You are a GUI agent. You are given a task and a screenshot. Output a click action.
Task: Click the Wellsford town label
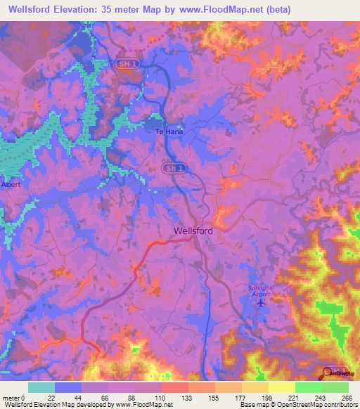click(193, 230)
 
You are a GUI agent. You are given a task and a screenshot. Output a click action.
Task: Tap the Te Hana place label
click(169, 131)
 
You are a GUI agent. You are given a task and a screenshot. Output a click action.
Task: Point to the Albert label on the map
click(12, 186)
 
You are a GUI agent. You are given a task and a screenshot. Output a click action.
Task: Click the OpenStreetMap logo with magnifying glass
click(336, 372)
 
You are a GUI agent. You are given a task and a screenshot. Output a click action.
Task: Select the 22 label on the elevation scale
click(50, 398)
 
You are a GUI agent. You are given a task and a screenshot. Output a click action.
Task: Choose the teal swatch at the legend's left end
click(41, 387)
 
